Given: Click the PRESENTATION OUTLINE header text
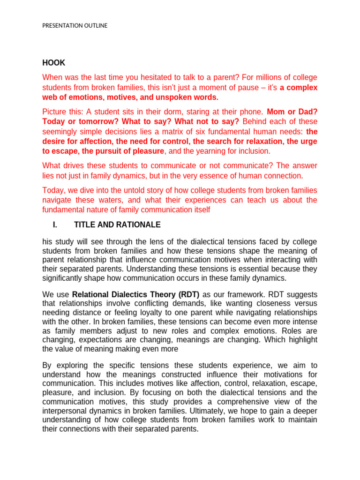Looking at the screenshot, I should (x=75, y=25).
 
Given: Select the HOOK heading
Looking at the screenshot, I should (x=54, y=63).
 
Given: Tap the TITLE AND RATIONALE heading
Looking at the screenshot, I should (x=117, y=225).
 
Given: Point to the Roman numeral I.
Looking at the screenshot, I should (x=55, y=225).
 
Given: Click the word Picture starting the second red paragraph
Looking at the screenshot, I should (x=55, y=112).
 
